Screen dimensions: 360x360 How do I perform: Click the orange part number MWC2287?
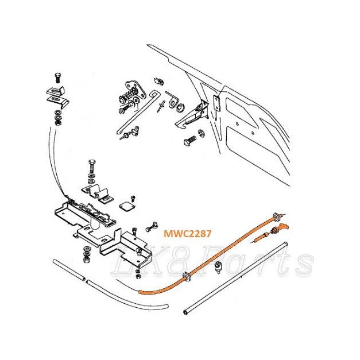pos(187,234)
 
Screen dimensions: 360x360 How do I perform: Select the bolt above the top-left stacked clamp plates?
pos(57,78)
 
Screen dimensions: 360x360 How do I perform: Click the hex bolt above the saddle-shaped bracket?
pos(91,165)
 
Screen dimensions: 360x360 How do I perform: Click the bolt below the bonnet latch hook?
pos(190,140)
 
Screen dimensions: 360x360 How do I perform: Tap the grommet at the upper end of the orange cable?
pos(276,216)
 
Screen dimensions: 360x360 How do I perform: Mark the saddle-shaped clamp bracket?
pos(98,190)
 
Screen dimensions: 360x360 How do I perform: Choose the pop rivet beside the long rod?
pos(161,106)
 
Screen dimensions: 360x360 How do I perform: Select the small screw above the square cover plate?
pos(133,198)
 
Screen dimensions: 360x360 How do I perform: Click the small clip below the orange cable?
pos(218,267)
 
